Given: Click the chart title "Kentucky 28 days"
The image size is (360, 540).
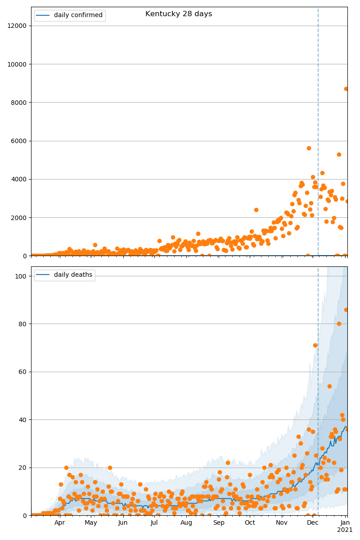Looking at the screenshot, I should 179,14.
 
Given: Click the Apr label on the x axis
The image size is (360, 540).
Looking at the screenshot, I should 60,523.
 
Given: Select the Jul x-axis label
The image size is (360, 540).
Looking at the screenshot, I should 154,523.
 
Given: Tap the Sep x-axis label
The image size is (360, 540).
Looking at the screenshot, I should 219,523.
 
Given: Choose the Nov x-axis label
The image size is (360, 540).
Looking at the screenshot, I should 282,523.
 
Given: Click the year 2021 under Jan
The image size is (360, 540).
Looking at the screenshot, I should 345,530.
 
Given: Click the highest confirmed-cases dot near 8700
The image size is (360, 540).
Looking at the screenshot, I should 346,89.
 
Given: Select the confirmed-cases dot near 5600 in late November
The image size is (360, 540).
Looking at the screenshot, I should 309,148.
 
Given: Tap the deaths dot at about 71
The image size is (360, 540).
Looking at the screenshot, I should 315,345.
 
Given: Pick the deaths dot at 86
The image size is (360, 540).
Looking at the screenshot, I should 346,310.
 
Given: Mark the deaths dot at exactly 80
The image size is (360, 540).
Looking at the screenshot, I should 339,324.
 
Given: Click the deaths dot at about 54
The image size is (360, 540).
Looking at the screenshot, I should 329,386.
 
